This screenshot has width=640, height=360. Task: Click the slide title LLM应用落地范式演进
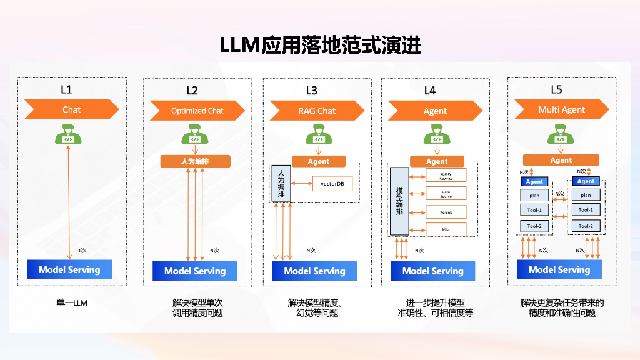tap(320, 46)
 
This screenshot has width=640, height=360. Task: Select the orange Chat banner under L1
tap(71, 109)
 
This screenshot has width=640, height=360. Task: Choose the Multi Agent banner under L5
tap(561, 109)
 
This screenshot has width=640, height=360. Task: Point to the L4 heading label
tap(430, 91)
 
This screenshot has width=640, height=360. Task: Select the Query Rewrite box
tap(446, 176)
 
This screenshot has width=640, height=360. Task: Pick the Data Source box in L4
tap(446, 194)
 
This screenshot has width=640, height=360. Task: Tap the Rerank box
tap(446, 212)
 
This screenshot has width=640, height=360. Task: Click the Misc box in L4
tap(446, 229)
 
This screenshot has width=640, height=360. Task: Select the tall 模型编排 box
tap(399, 201)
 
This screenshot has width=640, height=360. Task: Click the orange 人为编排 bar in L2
tap(196, 161)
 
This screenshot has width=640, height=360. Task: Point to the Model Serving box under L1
tap(69, 270)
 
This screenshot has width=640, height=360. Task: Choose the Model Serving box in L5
tap(559, 270)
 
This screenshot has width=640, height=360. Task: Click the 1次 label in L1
tap(82, 250)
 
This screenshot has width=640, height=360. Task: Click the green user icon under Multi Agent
tap(559, 134)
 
